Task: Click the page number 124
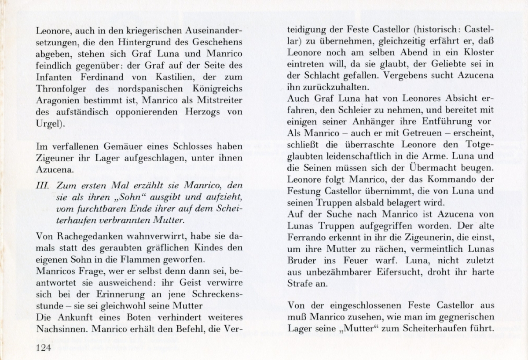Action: (x=44, y=348)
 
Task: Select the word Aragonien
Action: (x=56, y=101)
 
